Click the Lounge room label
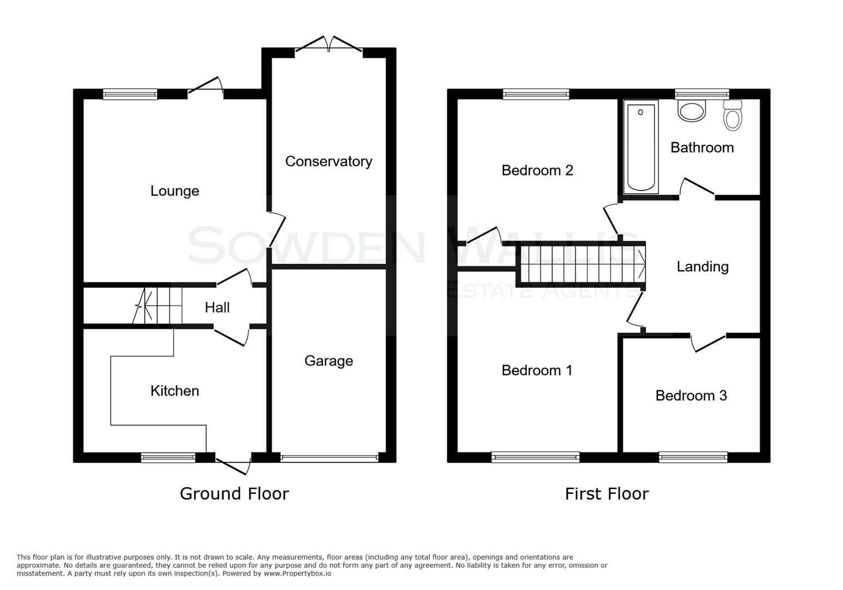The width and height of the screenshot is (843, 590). coord(175,191)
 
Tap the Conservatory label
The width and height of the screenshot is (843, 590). coord(328,161)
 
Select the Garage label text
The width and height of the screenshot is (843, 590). coord(328,361)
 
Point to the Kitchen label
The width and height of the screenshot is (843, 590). coord(175,391)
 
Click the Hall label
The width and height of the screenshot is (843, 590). coord(217,308)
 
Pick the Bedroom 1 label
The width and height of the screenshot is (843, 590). coord(537,370)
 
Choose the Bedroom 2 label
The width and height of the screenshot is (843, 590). coord(537,170)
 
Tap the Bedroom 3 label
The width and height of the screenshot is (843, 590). coord(691,396)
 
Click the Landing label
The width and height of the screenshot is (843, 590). coord(702,267)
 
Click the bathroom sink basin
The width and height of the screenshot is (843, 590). coord(691,111)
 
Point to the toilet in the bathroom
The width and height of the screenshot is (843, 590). coord(733,116)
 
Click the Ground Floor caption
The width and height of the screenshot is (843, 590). coord(234,494)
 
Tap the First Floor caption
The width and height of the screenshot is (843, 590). coord(607,494)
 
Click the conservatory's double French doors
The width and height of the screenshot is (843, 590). coord(329,45)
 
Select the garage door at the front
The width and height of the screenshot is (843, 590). coord(329,458)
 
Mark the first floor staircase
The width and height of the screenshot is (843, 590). coord(581,264)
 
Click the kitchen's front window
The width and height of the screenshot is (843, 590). coord(168,458)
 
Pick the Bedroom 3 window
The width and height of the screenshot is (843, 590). coord(693,457)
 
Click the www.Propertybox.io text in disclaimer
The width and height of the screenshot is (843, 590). coord(297,574)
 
